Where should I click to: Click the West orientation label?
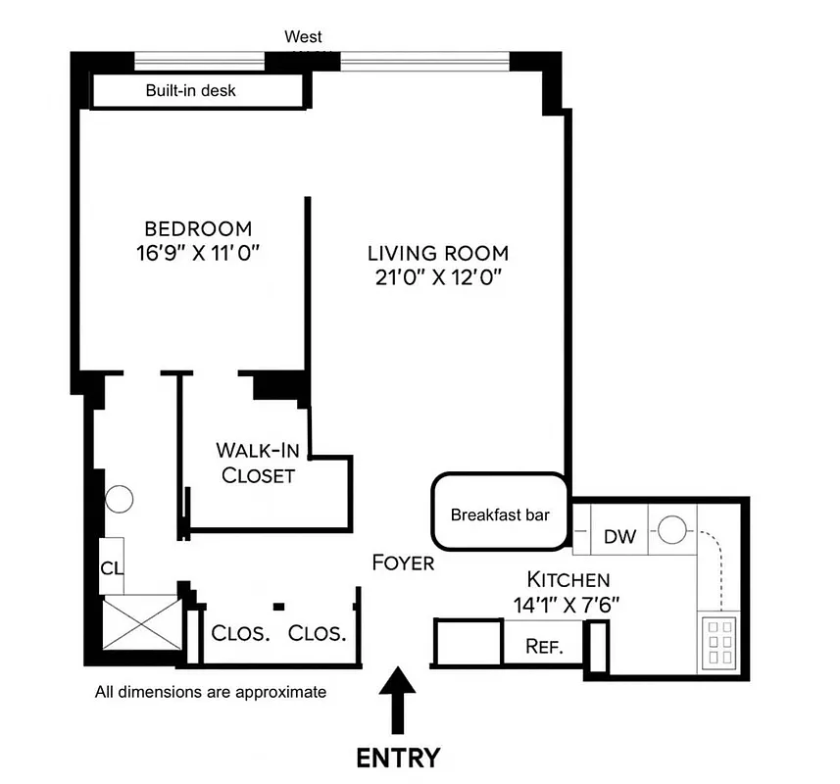pos(303,37)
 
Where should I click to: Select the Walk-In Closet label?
pos(258,464)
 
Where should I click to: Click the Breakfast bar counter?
pos(500,514)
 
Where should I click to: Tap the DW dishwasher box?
pos(619,537)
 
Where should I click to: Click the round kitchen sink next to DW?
pos(672,530)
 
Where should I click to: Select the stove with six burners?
pos(719,642)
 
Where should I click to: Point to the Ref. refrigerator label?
pos(543,647)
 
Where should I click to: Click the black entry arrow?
pos(397,699)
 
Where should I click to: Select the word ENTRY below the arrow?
pos(397,758)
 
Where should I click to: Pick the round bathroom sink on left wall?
pos(119,499)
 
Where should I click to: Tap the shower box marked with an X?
pos(141,622)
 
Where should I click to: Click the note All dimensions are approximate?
pos(210,692)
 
